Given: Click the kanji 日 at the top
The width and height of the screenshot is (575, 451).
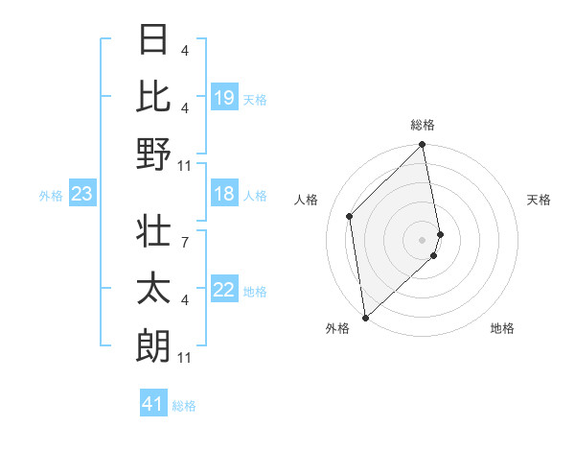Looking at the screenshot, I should tap(153, 40).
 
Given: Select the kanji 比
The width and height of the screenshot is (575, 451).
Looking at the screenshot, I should tap(153, 97).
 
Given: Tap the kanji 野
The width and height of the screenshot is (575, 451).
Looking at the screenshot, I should tap(153, 154).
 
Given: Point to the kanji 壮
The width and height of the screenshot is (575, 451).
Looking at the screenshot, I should tap(153, 232).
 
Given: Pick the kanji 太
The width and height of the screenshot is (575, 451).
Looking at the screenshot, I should tap(153, 290).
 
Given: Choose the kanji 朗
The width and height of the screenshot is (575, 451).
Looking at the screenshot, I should tap(153, 346).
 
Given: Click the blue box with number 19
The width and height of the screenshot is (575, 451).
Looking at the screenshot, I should tap(224, 97).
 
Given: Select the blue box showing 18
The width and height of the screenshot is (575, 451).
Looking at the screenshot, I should tap(224, 194).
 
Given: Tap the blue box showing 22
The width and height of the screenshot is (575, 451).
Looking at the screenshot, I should tap(224, 290).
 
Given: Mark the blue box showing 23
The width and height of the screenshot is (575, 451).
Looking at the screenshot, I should tap(81, 194).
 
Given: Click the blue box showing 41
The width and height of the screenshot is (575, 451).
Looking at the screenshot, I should tap(152, 404).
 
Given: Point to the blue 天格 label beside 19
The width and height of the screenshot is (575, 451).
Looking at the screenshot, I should tap(255, 99).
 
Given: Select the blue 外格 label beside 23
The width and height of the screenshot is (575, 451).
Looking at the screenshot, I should tap(51, 196).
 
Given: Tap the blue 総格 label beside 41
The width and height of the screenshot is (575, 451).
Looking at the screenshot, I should tap(184, 406).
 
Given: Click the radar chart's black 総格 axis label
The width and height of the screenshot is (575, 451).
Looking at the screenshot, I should tap(423, 125).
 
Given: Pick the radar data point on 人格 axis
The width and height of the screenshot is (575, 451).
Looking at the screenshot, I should tap(350, 216).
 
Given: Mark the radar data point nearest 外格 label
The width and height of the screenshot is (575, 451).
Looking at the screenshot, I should tap(365, 318).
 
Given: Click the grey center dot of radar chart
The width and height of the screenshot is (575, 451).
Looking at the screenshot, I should tap(423, 238).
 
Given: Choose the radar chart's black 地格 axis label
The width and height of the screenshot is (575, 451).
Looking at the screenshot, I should tap(502, 328).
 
